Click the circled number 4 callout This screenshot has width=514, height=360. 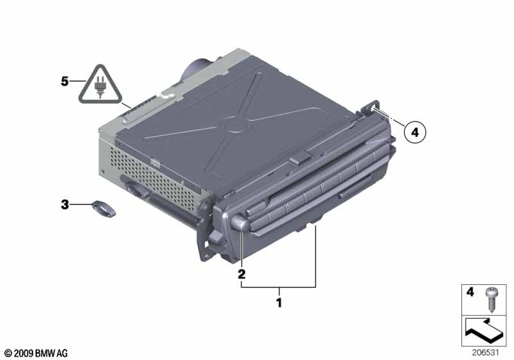415,132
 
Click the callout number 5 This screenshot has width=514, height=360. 65,81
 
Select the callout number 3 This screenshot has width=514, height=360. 65,204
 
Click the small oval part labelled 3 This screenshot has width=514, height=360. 103,208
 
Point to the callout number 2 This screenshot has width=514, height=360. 242,274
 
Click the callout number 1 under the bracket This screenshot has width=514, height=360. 279,303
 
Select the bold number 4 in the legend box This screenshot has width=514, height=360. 470,292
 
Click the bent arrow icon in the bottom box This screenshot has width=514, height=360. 484,330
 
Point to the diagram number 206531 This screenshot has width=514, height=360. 485,353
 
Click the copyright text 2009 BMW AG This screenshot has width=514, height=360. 36,353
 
